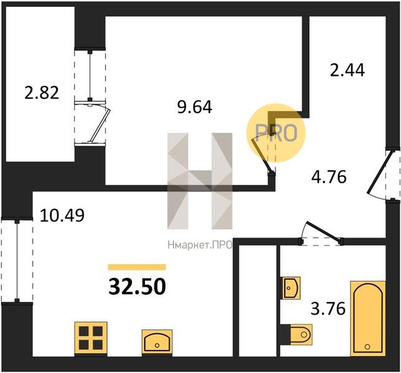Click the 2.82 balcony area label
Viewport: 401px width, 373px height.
tap(42, 93)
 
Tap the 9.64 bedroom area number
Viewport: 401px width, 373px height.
tap(195, 107)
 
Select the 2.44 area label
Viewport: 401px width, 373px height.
tap(348, 70)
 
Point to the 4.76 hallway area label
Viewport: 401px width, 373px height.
tap(329, 177)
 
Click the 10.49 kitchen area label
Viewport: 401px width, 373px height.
tap(62, 215)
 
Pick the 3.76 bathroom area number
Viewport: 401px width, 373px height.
tap(328, 308)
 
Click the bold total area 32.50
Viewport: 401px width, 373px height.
tap(137, 287)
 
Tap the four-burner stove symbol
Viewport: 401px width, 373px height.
tap(91, 338)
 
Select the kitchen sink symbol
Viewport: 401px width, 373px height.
tap(157, 342)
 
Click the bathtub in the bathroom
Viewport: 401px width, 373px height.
tap(368, 318)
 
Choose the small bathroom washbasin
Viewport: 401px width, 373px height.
tap(291, 288)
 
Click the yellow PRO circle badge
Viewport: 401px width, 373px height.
tap(276, 133)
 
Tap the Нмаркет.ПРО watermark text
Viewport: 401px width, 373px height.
tap(200, 245)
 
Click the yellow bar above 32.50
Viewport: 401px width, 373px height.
tap(137, 267)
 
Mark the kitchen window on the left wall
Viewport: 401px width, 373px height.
tap(17, 260)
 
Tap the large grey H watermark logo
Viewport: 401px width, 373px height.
tap(200, 181)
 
